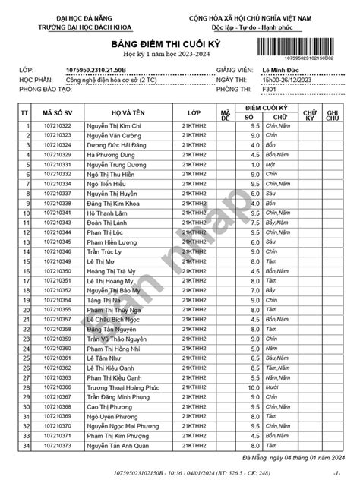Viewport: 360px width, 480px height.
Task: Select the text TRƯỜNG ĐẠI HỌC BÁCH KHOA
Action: pos(71,25)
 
